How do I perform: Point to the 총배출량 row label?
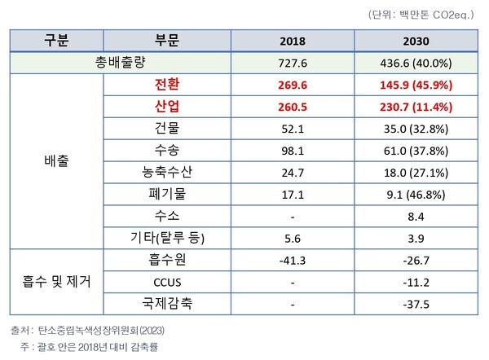click(x=121, y=62)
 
